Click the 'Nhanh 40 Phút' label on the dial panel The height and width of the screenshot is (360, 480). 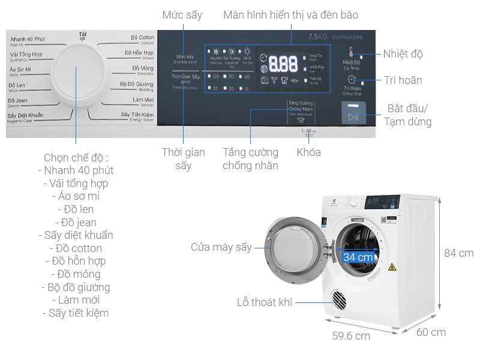click(28, 40)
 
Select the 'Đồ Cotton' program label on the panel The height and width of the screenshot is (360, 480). click(142, 38)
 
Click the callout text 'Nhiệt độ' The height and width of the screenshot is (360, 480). click(403, 54)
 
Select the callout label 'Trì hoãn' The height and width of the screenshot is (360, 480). click(403, 80)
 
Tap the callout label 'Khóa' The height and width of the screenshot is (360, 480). click(308, 152)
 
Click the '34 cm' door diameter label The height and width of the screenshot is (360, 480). click(358, 257)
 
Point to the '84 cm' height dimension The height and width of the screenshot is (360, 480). click(458, 253)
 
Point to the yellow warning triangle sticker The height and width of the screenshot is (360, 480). click(392, 266)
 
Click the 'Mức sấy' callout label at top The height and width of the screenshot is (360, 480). click(182, 15)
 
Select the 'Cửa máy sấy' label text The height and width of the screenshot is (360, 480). click(221, 247)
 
